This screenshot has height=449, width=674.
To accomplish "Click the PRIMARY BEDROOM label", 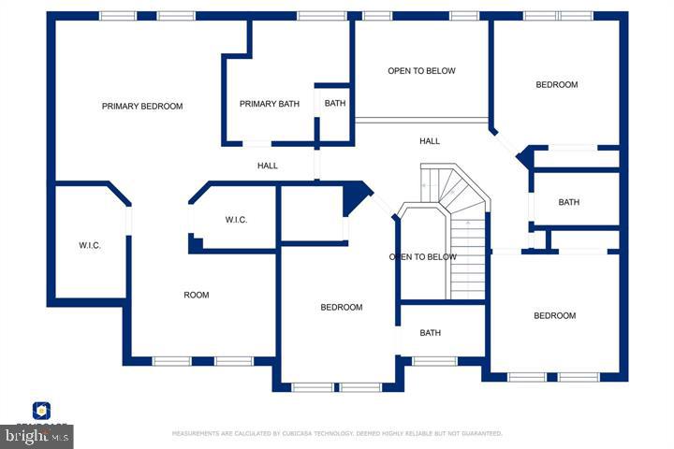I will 142,107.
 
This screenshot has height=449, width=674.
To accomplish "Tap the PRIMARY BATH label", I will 270,104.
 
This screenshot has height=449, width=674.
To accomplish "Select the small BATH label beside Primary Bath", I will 334,104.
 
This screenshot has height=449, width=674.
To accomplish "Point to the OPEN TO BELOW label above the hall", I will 421,71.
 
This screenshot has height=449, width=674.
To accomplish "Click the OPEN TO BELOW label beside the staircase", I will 423,257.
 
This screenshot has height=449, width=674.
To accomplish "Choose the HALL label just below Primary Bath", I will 268,167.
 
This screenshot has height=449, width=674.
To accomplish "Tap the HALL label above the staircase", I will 430,141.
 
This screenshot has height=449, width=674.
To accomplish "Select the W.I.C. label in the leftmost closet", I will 89,246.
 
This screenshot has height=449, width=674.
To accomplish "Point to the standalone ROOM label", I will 197,296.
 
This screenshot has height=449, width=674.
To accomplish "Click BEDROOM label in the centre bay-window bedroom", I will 342,308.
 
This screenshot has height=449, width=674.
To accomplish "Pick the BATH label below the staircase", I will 431,333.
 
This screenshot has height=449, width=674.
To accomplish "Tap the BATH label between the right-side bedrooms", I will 569,203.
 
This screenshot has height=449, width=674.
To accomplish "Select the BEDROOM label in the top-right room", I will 557,85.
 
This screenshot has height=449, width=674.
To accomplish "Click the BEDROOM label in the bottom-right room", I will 555,316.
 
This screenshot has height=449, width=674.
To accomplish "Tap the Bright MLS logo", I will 37,435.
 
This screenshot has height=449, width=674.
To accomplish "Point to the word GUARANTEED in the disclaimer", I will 479,434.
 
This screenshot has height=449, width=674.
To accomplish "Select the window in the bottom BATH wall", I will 434,361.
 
